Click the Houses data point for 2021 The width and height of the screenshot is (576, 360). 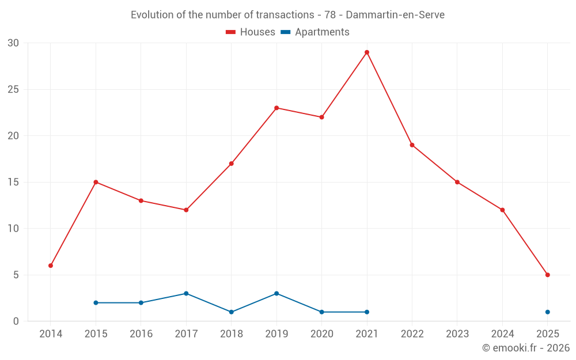[367, 52]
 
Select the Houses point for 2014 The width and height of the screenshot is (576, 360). [51, 266]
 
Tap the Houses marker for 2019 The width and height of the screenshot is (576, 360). [276, 108]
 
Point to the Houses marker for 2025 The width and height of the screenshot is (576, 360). [547, 275]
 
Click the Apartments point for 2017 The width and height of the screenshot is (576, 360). [186, 293]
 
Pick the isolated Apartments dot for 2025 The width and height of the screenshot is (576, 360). [547, 312]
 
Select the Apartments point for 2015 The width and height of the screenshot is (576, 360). [96, 302]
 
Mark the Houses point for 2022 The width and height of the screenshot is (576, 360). [412, 145]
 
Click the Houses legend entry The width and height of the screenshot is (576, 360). [251, 32]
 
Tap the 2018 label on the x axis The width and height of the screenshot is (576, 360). [231, 334]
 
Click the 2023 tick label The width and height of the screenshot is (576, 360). [457, 334]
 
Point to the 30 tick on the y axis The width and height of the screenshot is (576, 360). [14, 43]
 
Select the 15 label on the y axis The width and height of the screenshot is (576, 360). [14, 182]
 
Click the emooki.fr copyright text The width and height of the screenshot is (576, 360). [526, 348]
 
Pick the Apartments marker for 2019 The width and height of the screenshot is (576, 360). [276, 293]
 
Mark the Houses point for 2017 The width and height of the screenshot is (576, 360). [186, 210]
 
